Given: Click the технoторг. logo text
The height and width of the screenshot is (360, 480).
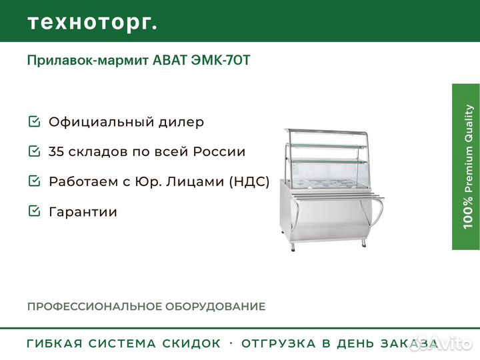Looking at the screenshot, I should point(92,22).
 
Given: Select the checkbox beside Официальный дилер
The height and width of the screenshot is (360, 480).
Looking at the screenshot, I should point(34,122).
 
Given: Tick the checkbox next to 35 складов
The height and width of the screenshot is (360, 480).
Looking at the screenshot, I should point(34,151).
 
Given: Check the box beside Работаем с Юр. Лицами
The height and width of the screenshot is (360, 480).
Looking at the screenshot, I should point(34,181).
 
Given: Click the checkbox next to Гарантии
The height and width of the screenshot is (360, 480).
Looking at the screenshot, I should point(34,211).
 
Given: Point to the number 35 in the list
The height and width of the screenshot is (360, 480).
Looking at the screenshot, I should point(57,152).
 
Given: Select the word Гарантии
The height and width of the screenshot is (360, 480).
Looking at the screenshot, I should point(83,212).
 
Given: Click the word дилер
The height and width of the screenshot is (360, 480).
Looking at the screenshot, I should point(181,123).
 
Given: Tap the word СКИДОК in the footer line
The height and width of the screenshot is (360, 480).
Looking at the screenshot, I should point(192,344).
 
